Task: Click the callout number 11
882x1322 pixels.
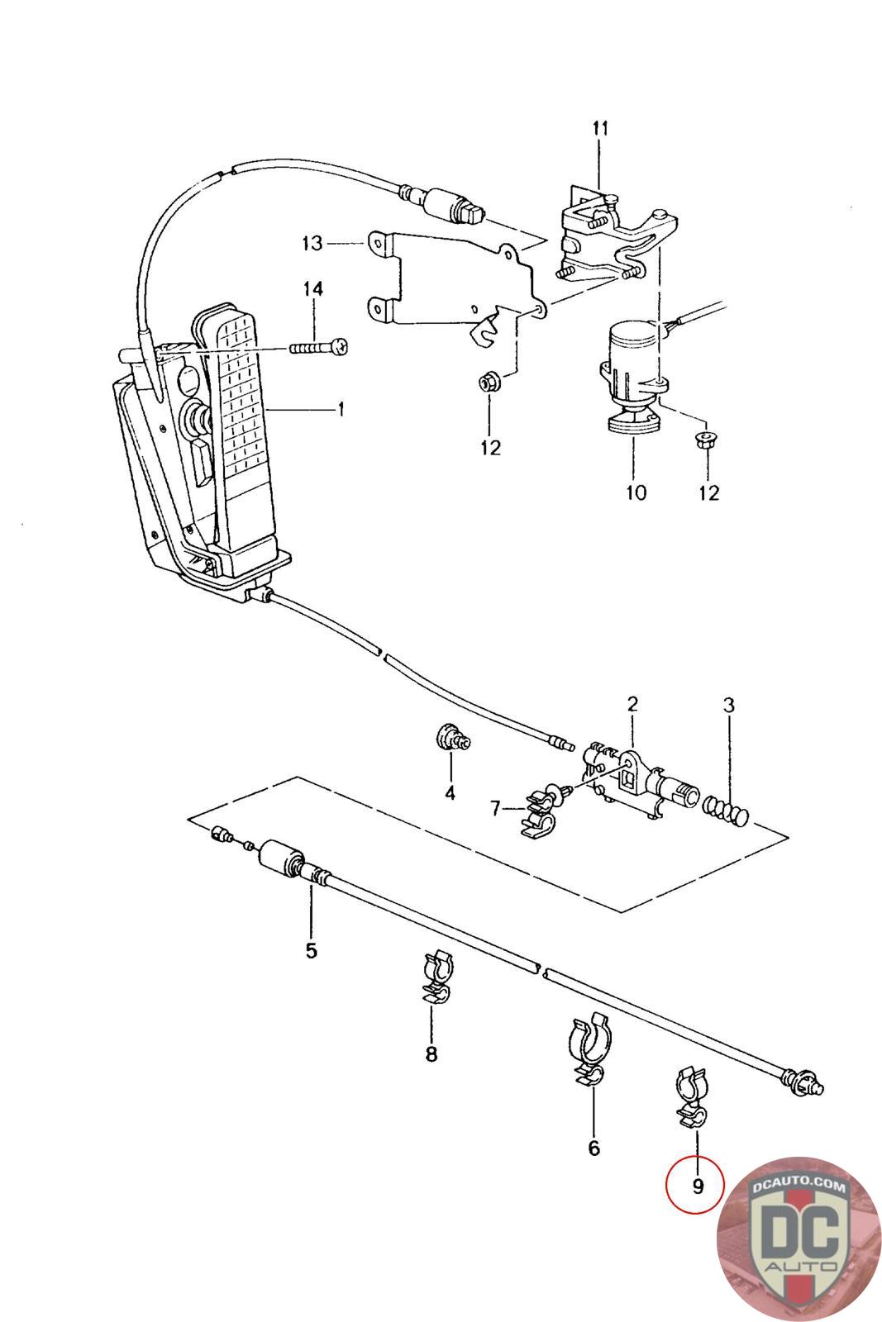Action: coord(600,128)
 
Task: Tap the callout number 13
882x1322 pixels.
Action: coord(312,243)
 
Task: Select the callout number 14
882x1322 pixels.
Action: coord(313,288)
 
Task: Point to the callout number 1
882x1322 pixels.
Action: coord(341,409)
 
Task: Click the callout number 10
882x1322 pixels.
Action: coord(636,492)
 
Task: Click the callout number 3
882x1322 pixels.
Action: coord(729,705)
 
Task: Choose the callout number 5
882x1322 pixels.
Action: coord(311,950)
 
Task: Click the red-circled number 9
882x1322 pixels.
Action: coord(698,1186)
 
